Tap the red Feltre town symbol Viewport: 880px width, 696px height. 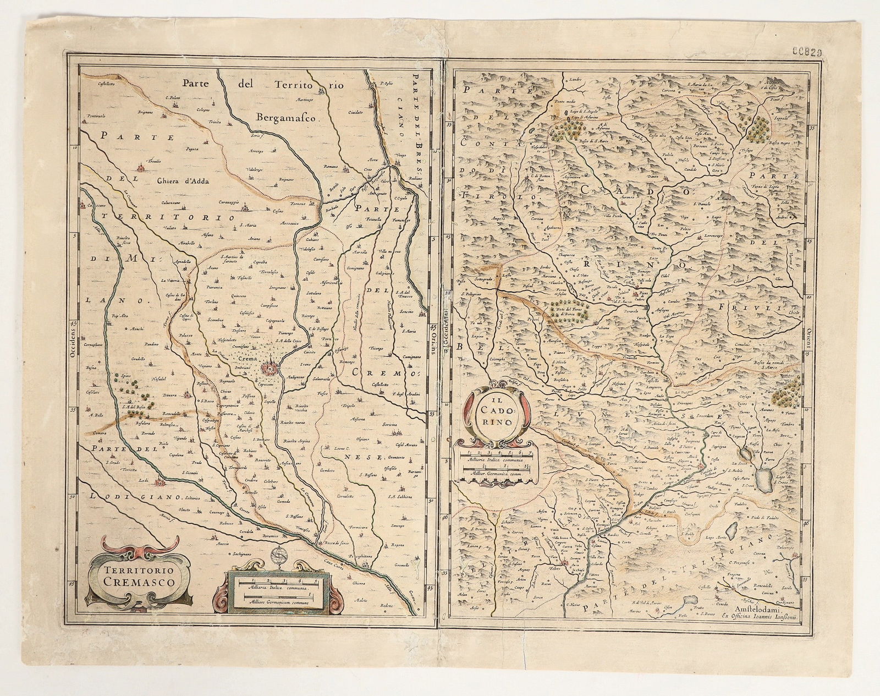click(x=565, y=563)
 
